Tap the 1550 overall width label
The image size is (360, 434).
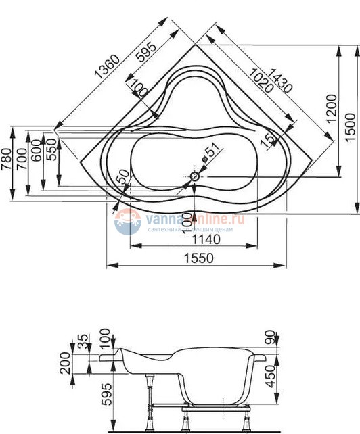coord(196,258)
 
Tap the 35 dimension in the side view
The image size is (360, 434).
coord(83,340)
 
